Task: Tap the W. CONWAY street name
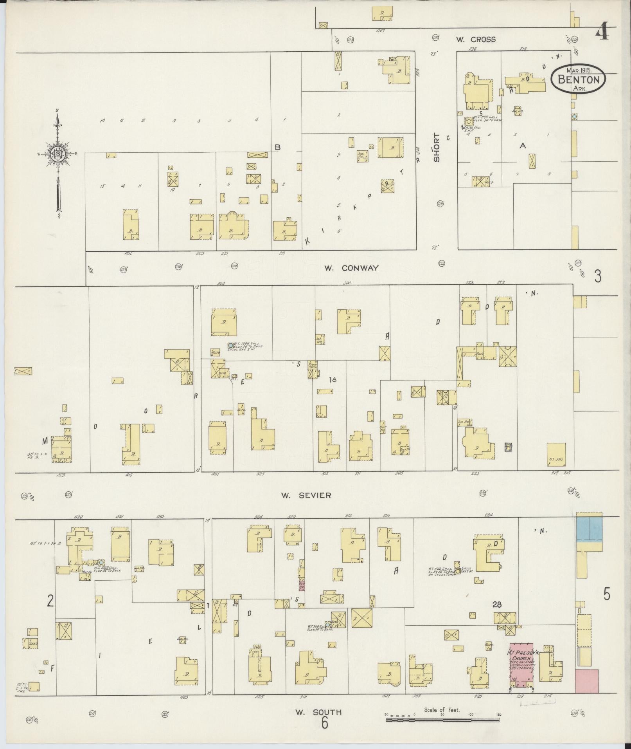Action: [351, 268]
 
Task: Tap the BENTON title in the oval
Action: [578, 79]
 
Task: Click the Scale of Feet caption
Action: [442, 709]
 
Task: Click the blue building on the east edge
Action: [589, 529]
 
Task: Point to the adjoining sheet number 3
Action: [597, 276]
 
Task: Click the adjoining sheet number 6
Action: [324, 723]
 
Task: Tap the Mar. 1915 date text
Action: [579, 70]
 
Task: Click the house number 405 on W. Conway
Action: [128, 253]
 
